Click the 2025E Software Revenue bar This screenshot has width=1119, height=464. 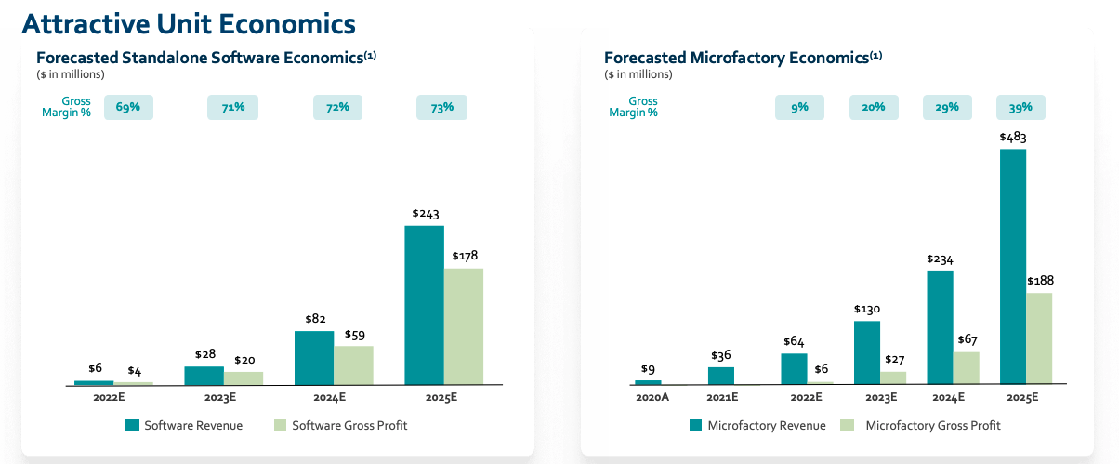pos(424,305)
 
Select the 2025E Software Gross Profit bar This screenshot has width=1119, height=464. pos(463,326)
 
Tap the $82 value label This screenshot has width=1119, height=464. pos(313,319)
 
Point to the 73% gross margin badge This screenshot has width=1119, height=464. pos(441,108)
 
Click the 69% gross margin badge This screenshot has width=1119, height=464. pos(128,108)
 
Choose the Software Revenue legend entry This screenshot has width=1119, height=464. pos(184,425)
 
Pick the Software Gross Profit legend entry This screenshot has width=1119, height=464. pos(340,425)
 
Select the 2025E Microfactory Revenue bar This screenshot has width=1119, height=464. pos(1013,266)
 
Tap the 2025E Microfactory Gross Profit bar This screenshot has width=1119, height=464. pos(1039,338)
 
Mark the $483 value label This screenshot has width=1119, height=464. pos(1013,137)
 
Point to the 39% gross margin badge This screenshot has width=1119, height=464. pos(1020,108)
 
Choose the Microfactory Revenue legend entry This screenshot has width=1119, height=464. pos(757,426)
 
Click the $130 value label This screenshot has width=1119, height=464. pos(866,309)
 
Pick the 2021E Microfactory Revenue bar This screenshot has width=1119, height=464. pos(721,376)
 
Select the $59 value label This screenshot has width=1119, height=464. pos(353,334)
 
